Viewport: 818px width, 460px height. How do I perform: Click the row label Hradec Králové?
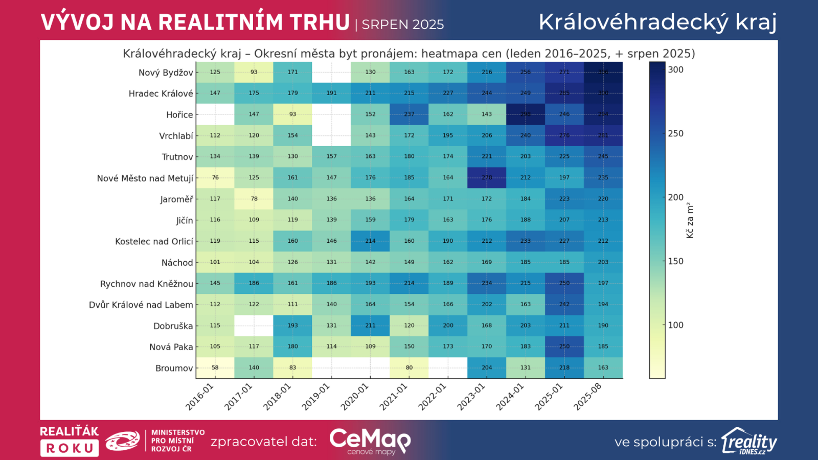161,94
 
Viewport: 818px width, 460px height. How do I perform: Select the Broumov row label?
174,368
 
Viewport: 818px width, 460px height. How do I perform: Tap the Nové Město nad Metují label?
145,178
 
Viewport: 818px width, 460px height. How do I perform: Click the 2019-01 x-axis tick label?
316,397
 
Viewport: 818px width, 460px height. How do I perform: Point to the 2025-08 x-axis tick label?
588,397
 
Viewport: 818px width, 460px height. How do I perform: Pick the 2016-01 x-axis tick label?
199,397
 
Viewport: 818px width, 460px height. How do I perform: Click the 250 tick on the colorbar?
675,133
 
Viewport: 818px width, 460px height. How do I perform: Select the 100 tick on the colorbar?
675,325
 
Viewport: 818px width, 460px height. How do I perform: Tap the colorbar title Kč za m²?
690,220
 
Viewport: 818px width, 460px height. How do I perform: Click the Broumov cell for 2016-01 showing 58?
215,367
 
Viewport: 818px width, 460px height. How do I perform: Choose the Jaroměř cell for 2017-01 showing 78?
254,199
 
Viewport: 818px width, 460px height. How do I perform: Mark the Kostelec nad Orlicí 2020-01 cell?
370,241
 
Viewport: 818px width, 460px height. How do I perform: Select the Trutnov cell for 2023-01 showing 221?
487,156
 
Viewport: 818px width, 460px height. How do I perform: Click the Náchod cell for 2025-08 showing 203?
603,262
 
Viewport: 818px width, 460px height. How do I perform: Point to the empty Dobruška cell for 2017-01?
254,325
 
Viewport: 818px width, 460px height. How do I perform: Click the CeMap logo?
370,441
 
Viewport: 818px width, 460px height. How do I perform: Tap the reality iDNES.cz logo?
749,441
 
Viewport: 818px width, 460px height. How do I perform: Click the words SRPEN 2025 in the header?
403,25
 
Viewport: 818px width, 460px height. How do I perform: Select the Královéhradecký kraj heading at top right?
657,22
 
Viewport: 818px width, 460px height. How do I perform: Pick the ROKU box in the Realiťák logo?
70,448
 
